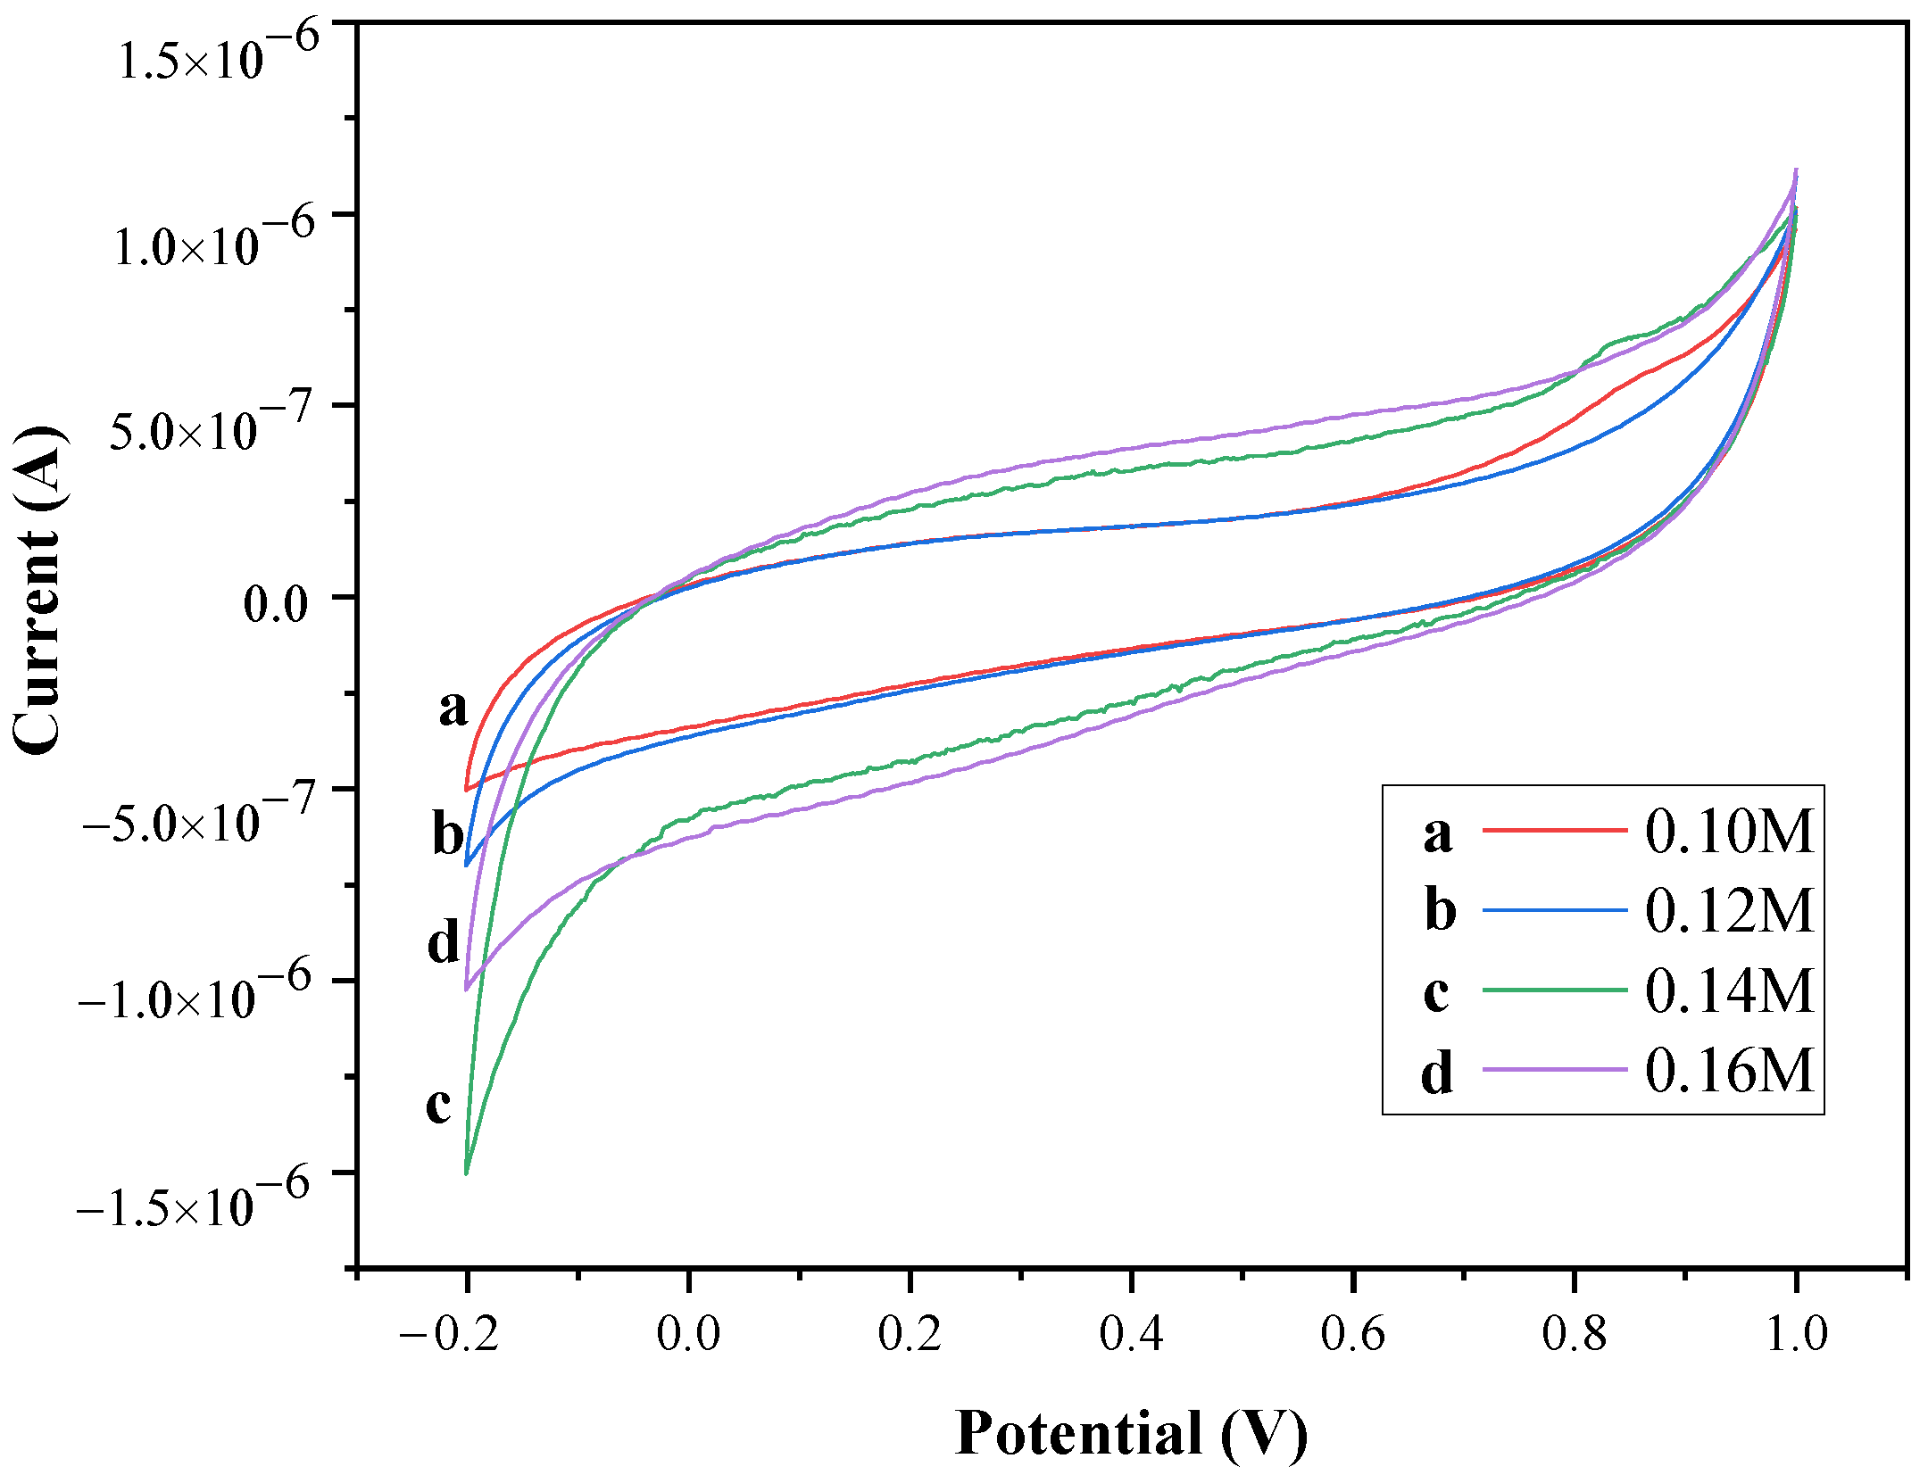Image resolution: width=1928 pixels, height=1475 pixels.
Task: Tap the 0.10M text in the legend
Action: (1729, 832)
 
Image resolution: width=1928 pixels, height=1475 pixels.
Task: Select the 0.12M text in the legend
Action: (1729, 911)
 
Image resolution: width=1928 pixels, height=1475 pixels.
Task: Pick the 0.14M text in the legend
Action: (1729, 990)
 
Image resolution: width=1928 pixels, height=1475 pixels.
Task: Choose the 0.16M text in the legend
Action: (1729, 1070)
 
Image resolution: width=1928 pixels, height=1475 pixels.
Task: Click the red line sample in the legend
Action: (1554, 830)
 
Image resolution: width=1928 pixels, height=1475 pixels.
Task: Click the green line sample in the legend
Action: (1554, 990)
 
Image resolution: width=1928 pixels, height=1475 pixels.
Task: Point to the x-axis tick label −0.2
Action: (448, 1335)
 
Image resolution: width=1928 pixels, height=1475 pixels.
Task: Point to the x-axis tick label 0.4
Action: (1131, 1335)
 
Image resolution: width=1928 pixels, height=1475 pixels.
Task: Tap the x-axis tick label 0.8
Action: (1574, 1335)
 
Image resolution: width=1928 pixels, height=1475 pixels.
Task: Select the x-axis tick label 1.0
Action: (1797, 1335)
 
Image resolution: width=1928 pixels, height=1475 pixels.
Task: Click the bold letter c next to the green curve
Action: (438, 1106)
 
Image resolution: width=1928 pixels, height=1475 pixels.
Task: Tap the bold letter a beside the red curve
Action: (453, 707)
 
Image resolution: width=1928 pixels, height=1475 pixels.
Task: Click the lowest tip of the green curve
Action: (466, 1173)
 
